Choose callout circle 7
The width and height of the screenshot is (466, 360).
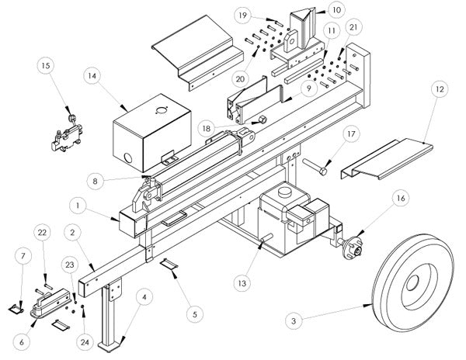pyautogui.click(x=21, y=255)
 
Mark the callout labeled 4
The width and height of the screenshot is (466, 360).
pyautogui.click(x=144, y=296)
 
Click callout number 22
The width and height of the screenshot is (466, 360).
pyautogui.click(x=44, y=233)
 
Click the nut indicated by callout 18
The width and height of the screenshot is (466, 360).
pyautogui.click(x=262, y=120)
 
